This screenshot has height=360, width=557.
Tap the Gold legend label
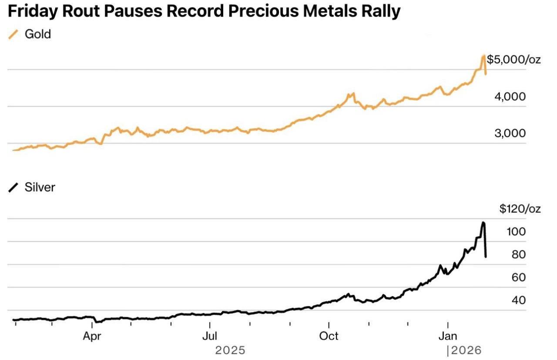coord(38,34)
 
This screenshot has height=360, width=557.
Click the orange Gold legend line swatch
coord(14,34)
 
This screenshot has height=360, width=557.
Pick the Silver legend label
coord(40,187)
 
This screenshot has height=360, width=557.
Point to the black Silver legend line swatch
coord(14,188)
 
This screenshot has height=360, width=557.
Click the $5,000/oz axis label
coord(513,59)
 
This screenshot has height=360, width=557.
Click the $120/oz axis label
coord(520,209)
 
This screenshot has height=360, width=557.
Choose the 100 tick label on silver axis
coord(516,232)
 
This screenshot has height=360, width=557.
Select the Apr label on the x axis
coord(92,336)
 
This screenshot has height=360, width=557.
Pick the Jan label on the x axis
coord(448,336)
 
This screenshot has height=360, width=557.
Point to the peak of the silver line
coord(483,223)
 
